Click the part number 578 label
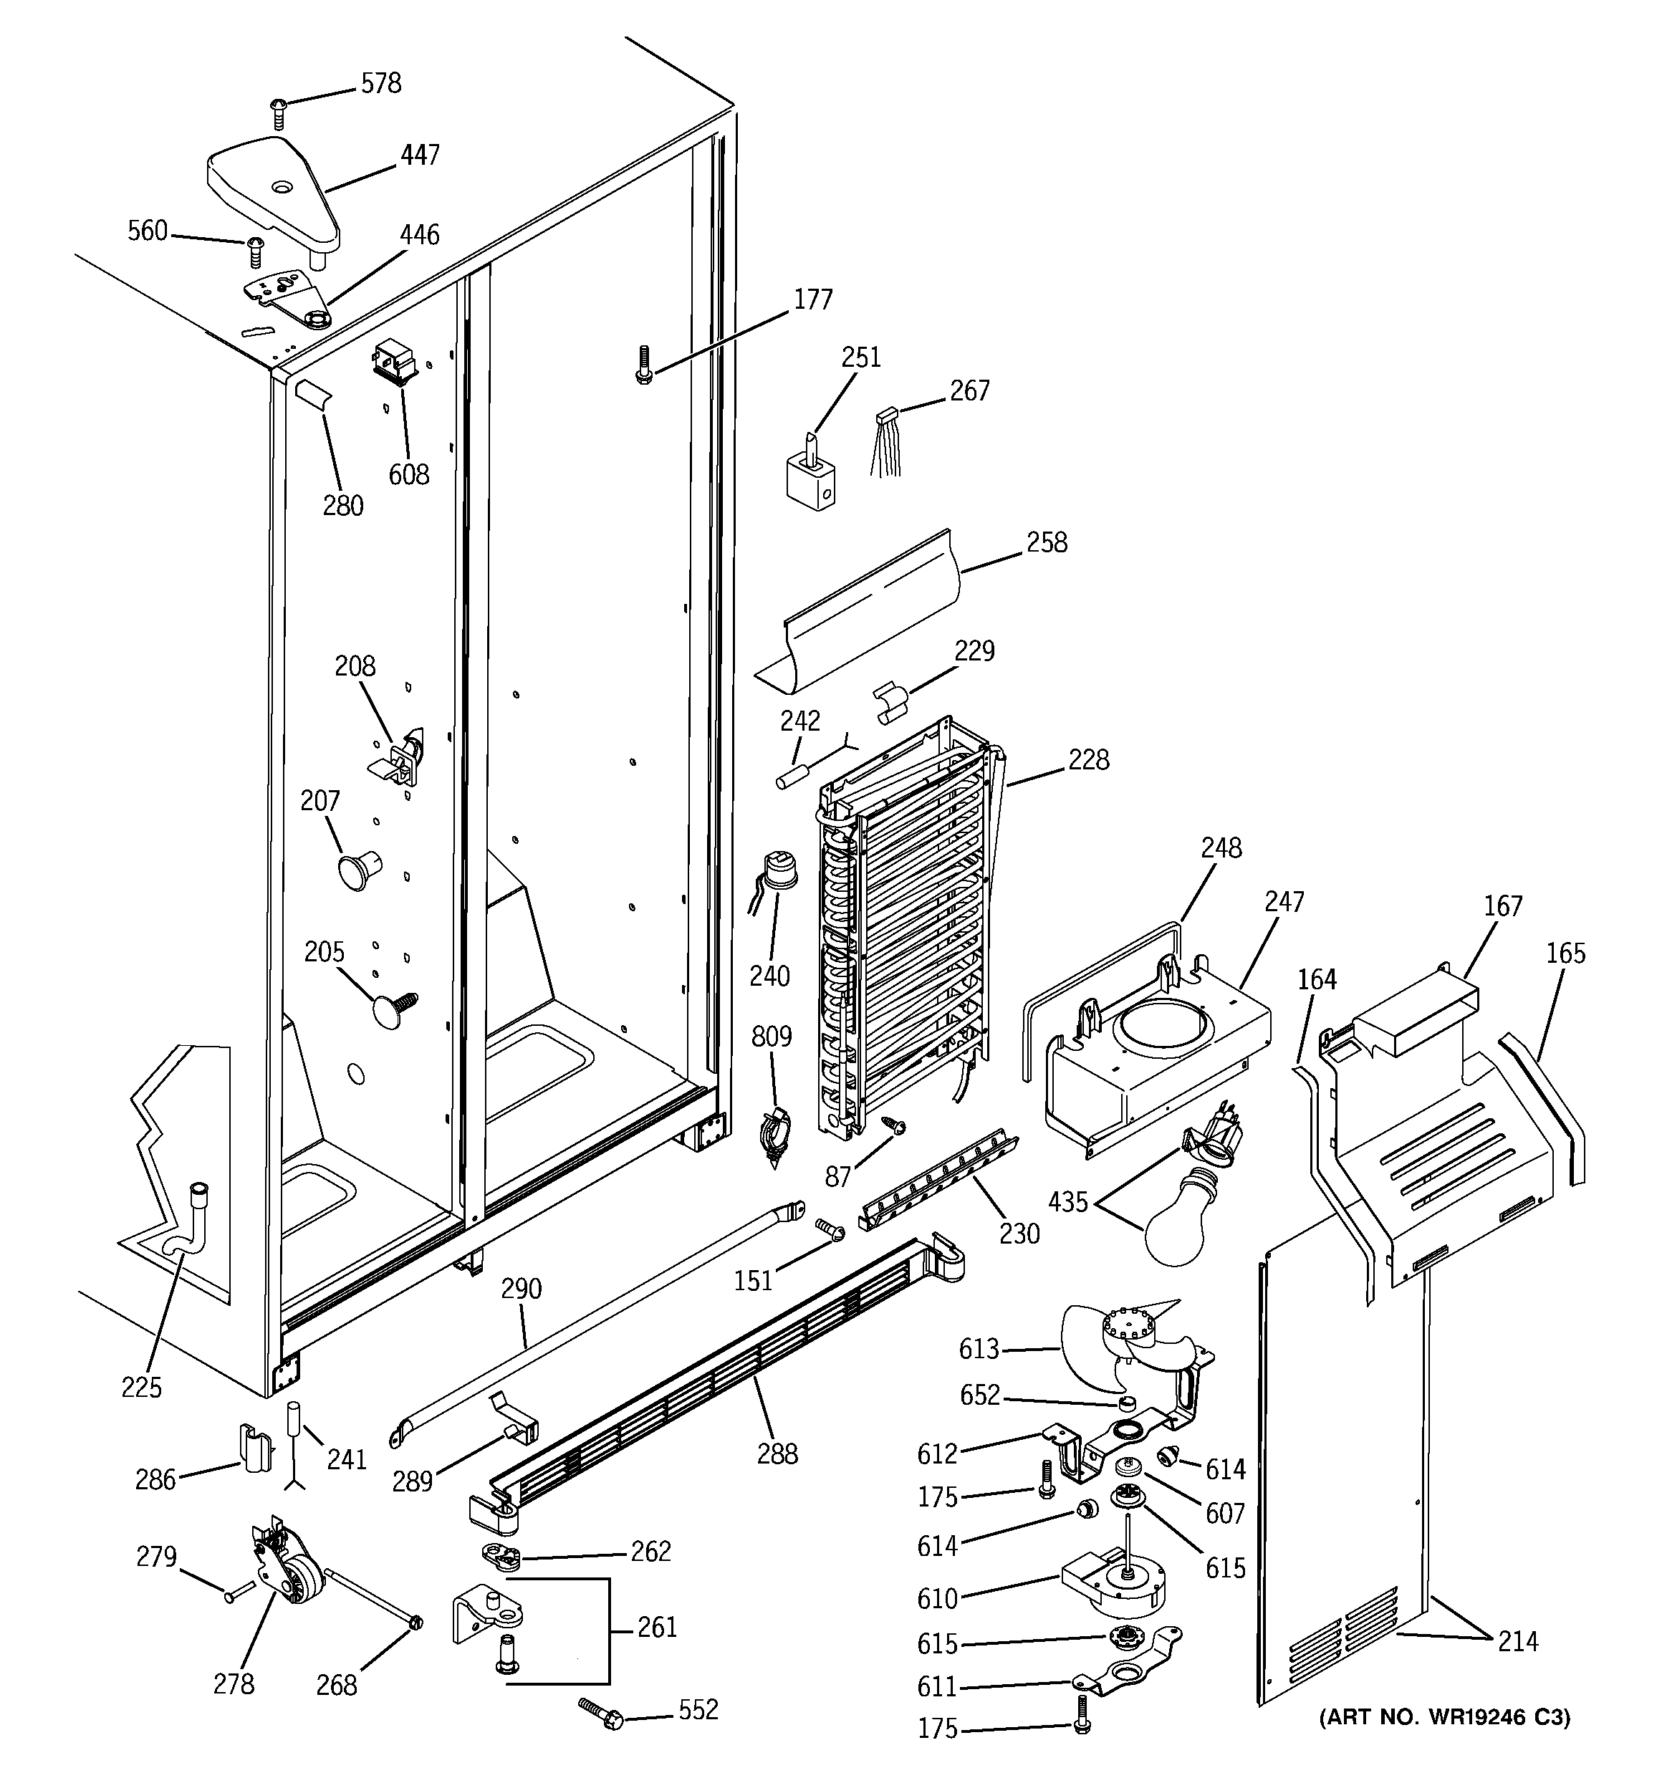tap(381, 84)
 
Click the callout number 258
tap(1047, 542)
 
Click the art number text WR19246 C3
tap(1444, 1717)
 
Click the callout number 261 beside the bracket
tap(657, 1628)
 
